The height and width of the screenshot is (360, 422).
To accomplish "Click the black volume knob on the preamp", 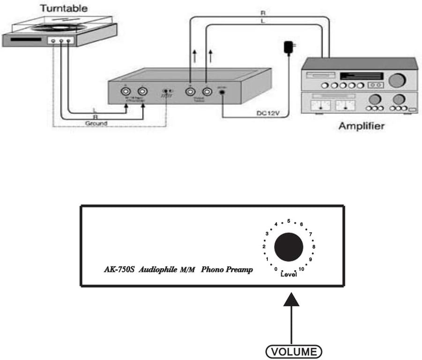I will [289, 247].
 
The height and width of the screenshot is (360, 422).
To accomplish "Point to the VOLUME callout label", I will [293, 351].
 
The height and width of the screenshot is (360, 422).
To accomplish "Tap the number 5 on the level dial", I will [289, 221].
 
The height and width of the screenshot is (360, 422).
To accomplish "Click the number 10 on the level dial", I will [302, 269].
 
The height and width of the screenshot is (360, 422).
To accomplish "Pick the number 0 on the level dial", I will [276, 269].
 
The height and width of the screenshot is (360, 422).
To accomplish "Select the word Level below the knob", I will [289, 274].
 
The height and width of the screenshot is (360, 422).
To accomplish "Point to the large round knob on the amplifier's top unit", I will [396, 80].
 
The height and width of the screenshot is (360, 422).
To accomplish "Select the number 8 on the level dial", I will [314, 246].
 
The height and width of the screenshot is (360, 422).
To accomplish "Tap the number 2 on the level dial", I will [264, 247].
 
